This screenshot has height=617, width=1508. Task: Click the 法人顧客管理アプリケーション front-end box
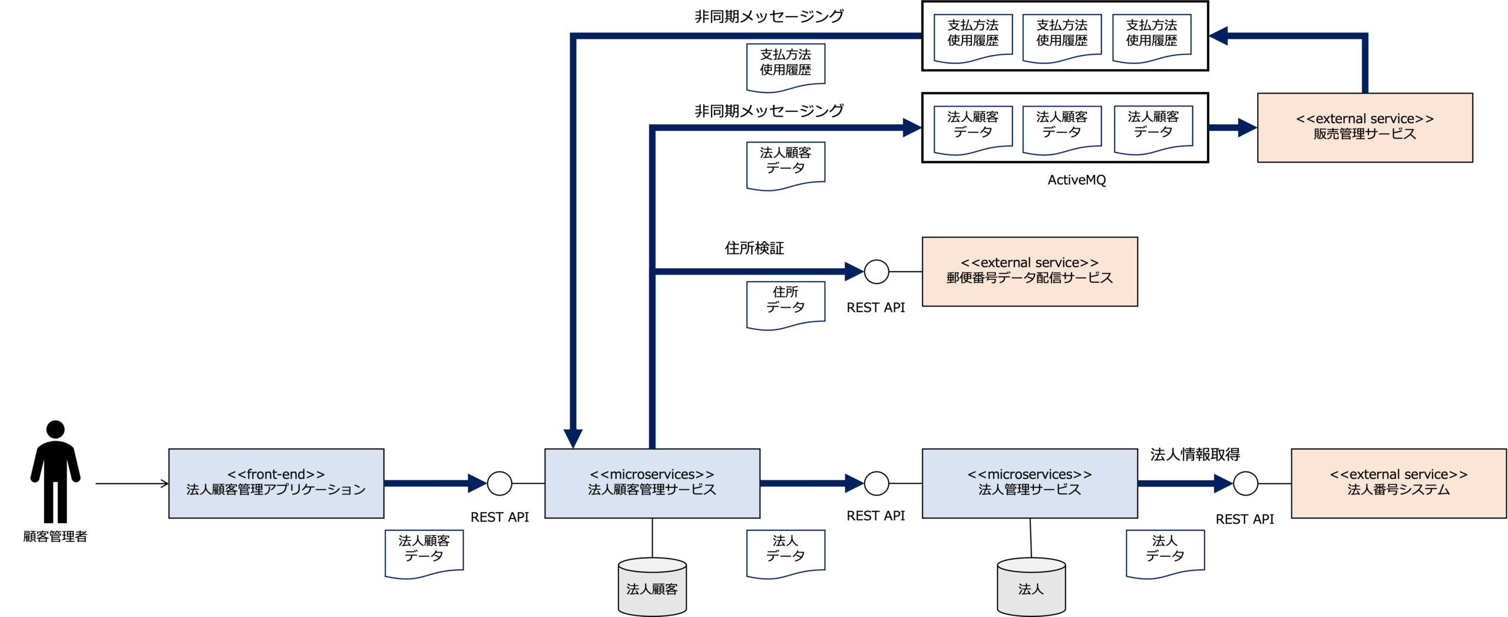[x=276, y=483]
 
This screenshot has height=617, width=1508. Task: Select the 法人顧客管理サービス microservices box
[x=652, y=483]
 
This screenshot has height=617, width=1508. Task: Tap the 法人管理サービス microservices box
[x=1029, y=483]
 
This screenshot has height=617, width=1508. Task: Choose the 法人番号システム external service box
[x=1398, y=483]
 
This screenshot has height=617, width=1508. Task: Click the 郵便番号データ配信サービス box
[x=1029, y=272]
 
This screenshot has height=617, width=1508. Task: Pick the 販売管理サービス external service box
[x=1364, y=127]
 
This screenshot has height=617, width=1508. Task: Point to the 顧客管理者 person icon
[x=55, y=471]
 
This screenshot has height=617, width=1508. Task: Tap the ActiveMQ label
[x=1077, y=180]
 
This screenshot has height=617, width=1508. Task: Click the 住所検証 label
[x=754, y=248]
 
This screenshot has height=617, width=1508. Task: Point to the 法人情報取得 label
[x=1195, y=454]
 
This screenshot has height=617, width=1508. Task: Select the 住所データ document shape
[x=785, y=303]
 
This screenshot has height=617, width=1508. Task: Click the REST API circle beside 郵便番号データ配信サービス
[x=876, y=272]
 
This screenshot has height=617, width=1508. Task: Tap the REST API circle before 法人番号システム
[x=1245, y=484]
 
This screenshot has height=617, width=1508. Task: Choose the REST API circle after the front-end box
[x=500, y=484]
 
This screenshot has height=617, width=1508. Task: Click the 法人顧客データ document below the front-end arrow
[x=424, y=552]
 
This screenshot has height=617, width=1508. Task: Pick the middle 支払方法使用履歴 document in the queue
[x=1061, y=37]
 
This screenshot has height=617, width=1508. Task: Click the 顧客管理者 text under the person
[x=55, y=536]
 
